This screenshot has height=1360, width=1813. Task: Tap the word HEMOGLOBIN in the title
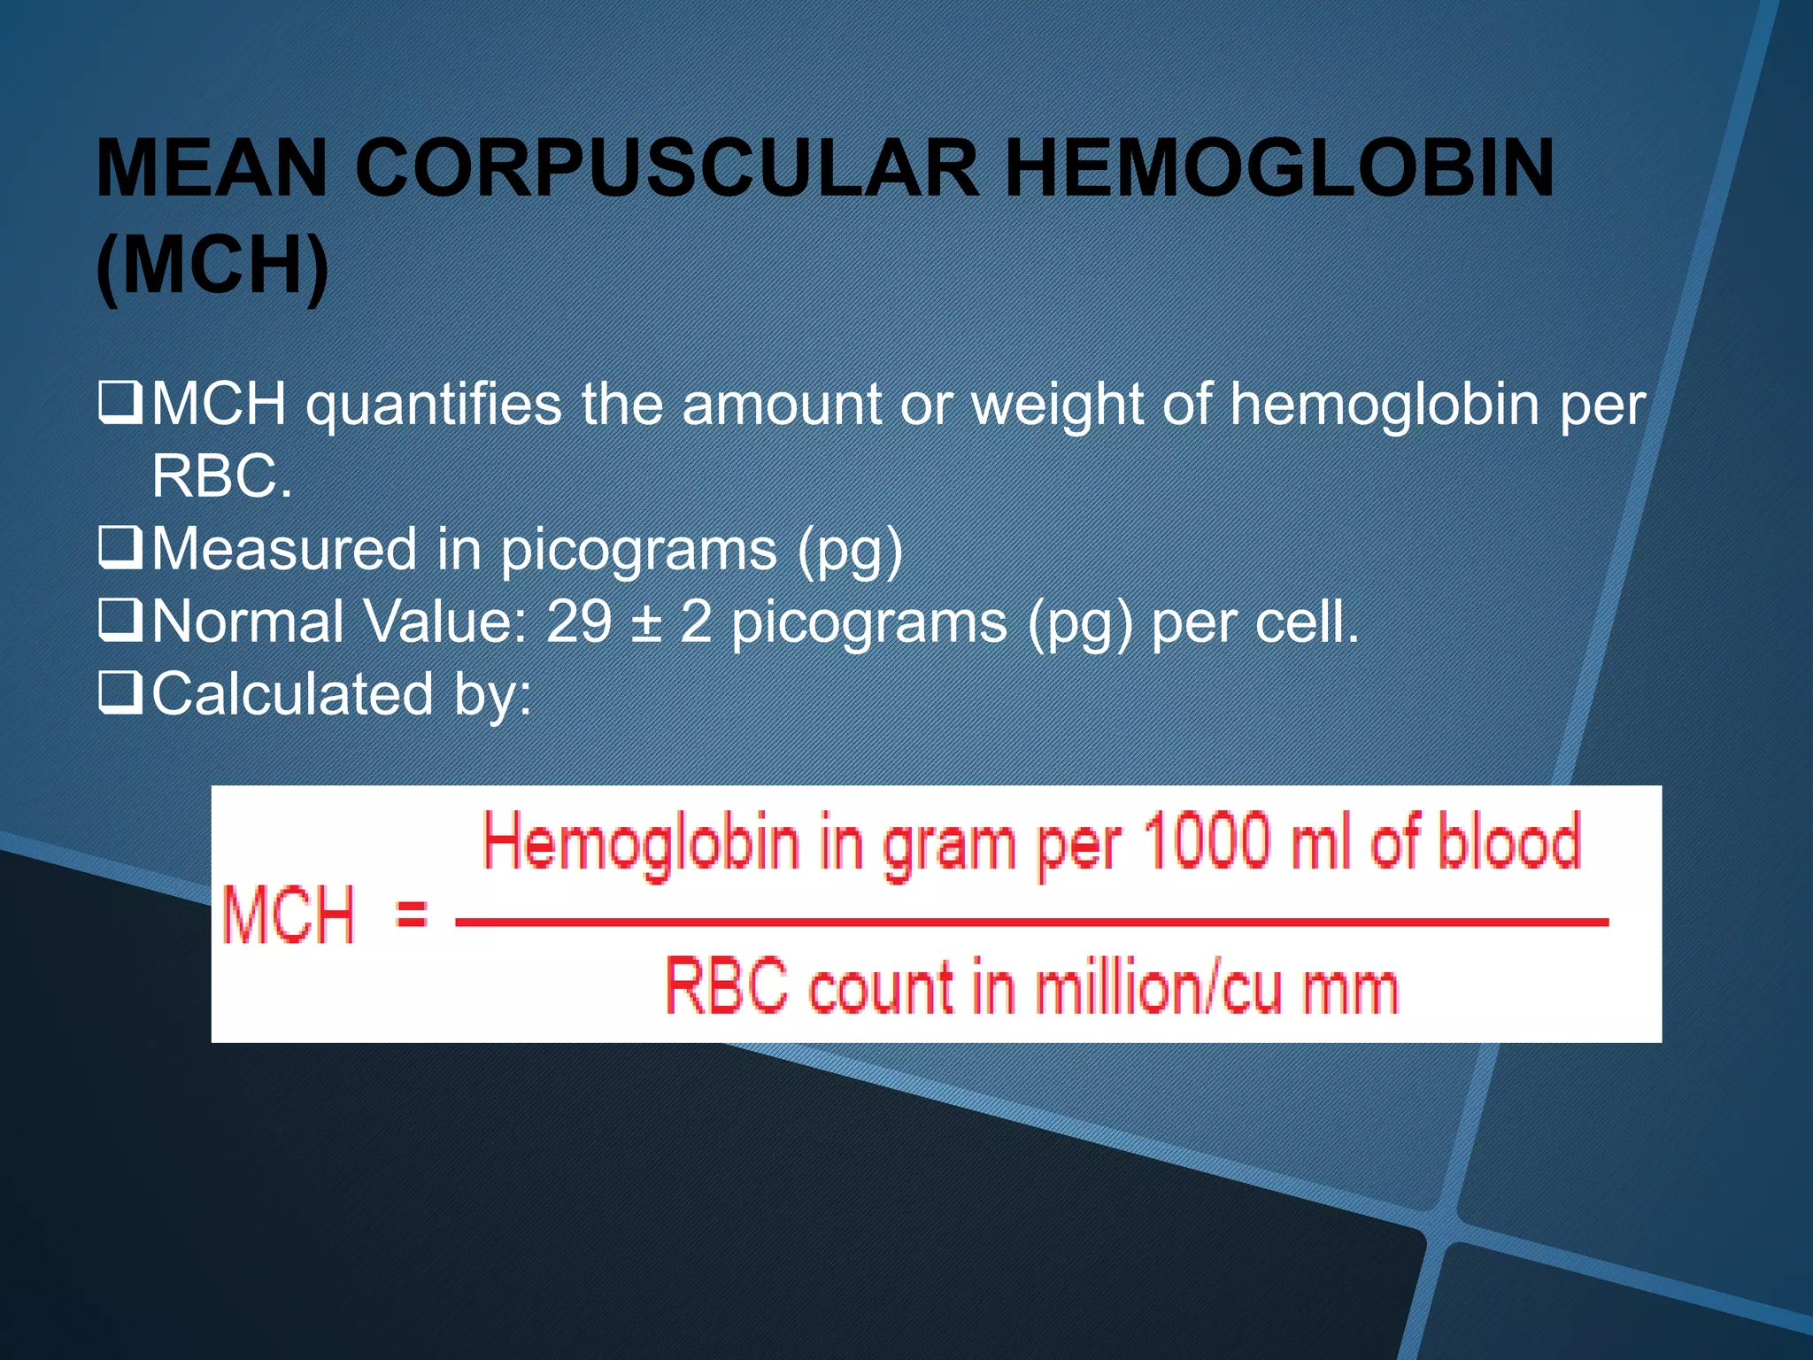point(1279,168)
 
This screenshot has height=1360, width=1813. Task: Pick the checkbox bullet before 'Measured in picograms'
point(120,548)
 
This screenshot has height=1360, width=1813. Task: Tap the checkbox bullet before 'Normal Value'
point(120,621)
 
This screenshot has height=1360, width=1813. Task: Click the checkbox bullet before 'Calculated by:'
point(120,693)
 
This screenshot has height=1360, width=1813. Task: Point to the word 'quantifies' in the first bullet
point(434,405)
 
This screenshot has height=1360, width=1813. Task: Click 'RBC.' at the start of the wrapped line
point(221,477)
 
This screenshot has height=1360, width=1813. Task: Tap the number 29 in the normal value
point(578,621)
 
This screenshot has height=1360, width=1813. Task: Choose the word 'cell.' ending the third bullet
point(1306,621)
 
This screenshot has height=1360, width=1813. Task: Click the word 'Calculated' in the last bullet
point(292,693)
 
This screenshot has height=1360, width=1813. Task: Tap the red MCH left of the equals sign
point(289,915)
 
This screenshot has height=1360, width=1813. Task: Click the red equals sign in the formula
point(412,912)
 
